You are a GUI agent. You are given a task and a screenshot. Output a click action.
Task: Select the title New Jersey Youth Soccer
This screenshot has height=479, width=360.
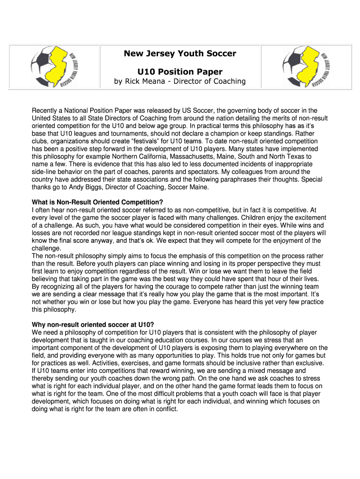180,53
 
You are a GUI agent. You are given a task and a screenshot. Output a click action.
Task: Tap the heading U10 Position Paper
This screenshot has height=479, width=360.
180,72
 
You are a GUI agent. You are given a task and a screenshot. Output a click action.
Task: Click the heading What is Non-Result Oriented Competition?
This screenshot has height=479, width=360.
97,202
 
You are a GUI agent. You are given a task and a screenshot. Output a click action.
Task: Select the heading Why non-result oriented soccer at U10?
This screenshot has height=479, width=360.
93,324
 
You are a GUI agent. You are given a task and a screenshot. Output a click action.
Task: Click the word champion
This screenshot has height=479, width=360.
227,133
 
